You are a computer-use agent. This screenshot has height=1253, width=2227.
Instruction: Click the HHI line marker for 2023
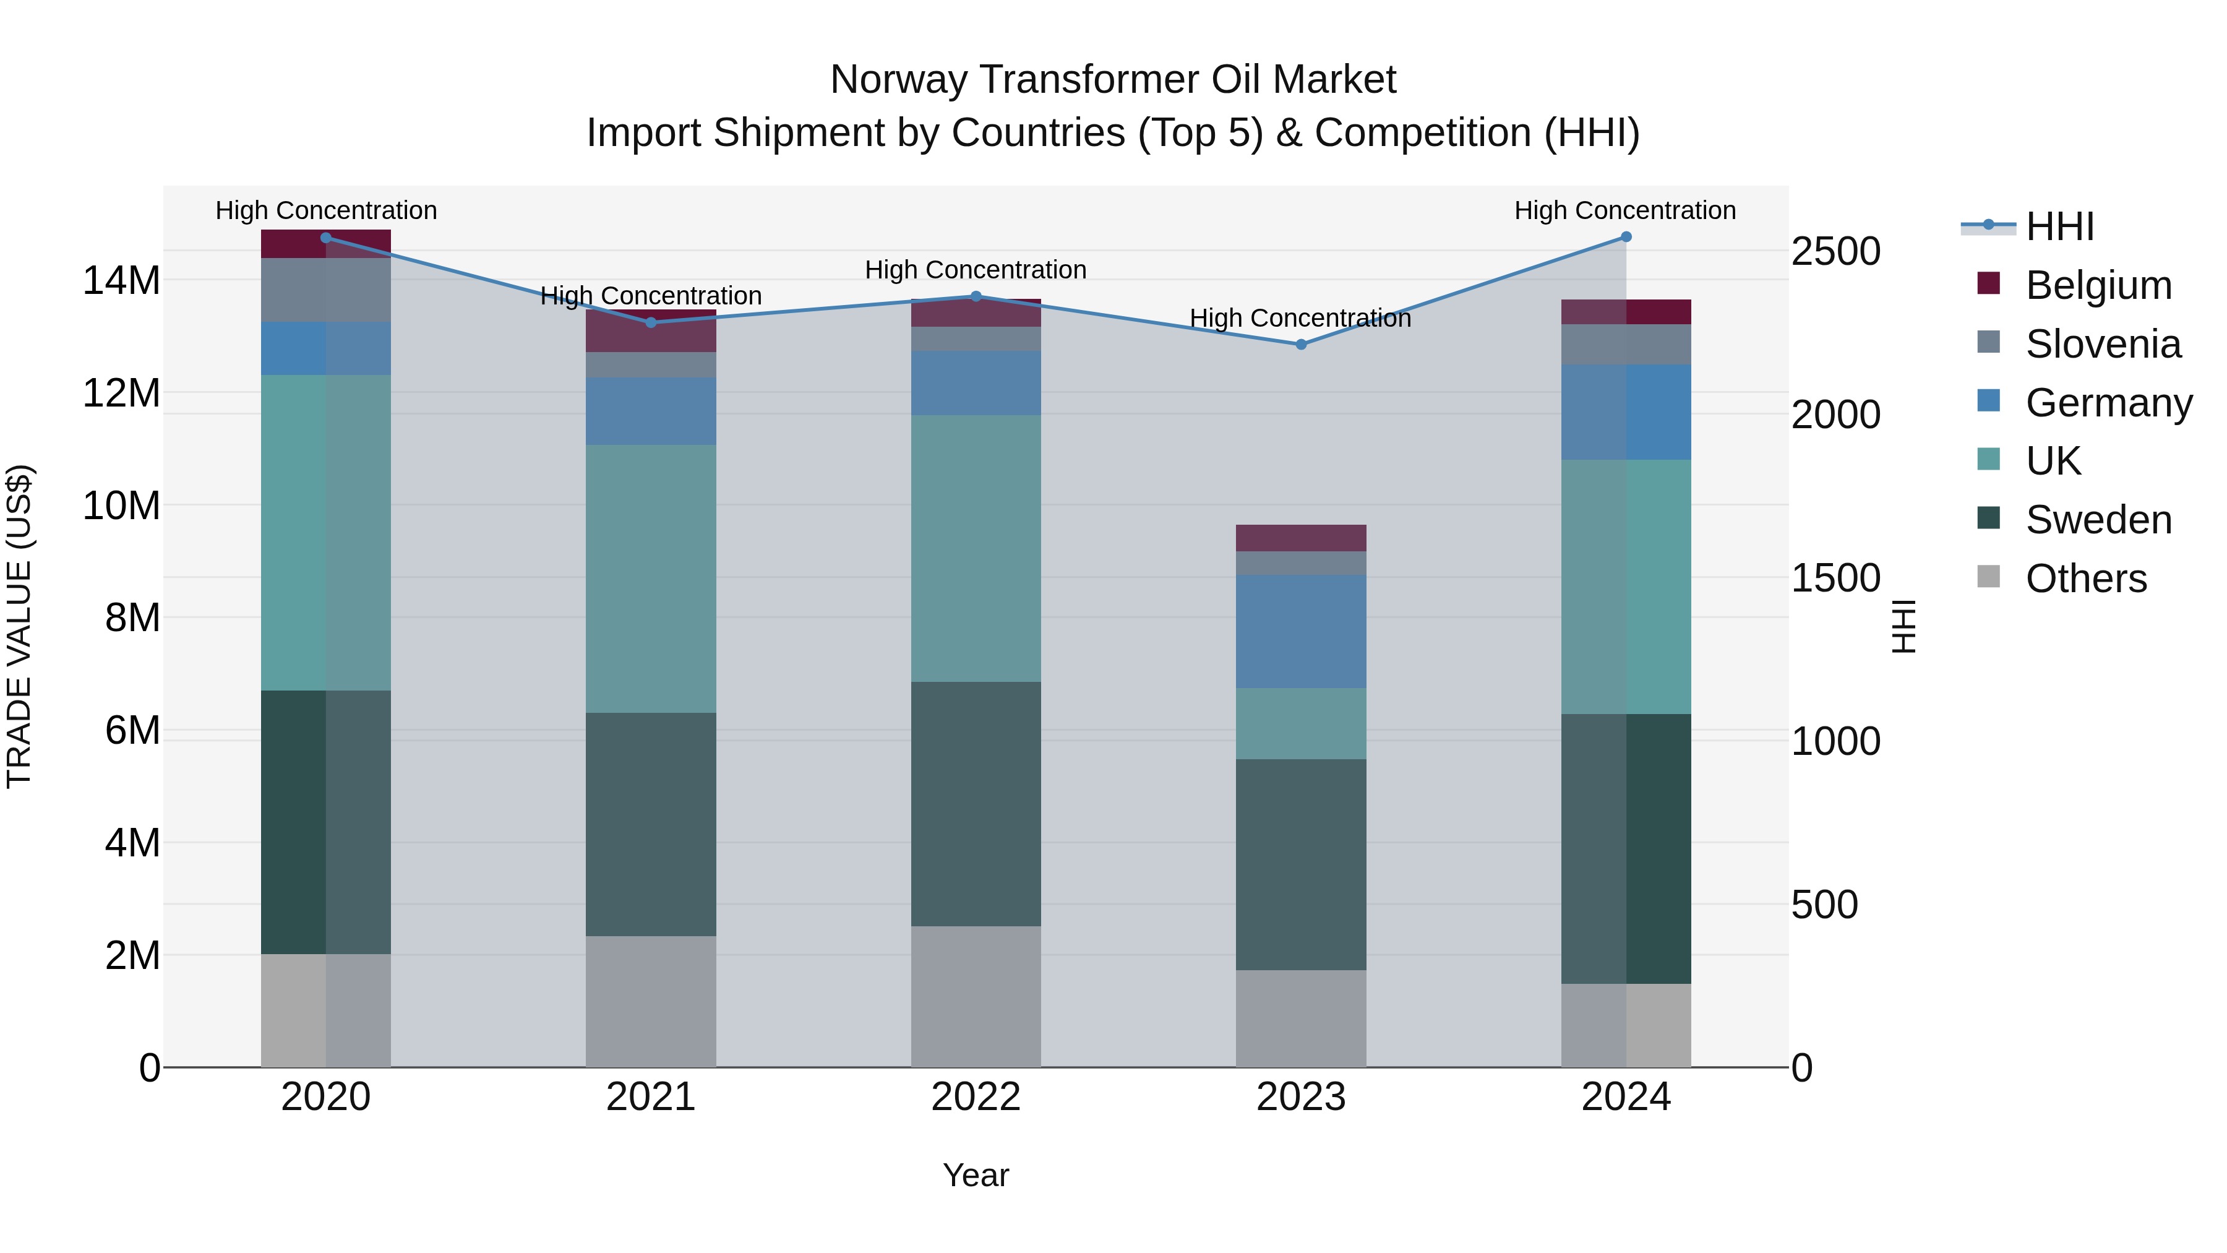1300,344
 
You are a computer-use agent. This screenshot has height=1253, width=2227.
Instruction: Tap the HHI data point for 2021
651,322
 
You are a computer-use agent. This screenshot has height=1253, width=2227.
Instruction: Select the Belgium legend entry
2097,285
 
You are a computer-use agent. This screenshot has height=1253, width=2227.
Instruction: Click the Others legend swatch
1988,577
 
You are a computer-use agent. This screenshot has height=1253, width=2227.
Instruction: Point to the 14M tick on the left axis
121,281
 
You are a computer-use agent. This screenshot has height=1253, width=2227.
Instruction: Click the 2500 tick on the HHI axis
1835,252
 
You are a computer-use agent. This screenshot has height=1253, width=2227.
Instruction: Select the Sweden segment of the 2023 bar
1300,865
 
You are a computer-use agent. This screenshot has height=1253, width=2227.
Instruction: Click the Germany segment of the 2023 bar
1300,631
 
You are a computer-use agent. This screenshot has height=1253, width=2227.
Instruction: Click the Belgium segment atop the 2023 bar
1300,537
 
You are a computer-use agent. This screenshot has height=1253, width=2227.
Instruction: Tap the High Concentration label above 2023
1300,318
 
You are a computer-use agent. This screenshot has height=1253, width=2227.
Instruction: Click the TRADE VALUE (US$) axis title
19,626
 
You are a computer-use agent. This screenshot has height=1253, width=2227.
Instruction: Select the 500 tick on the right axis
1824,905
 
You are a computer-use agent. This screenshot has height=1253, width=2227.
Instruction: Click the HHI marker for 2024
1625,237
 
